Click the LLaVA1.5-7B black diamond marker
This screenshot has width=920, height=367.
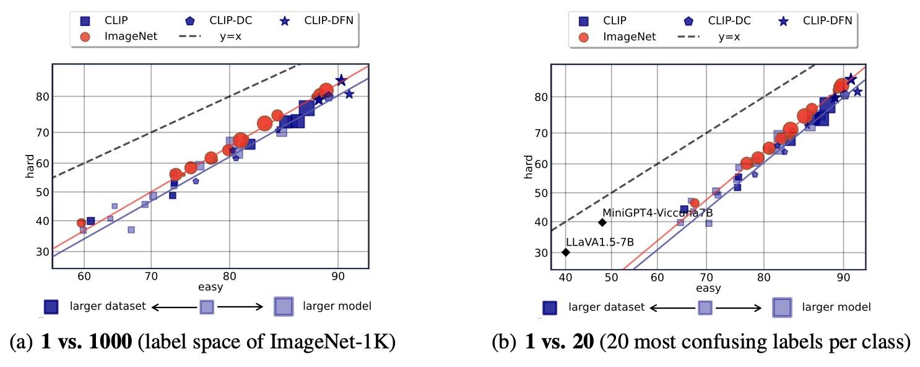coord(565,252)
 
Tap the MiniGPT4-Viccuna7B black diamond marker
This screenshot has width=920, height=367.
coord(602,223)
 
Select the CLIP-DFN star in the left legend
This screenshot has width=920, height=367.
coord(285,21)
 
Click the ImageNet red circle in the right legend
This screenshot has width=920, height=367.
coord(583,37)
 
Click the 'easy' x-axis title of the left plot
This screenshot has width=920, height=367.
coord(210,287)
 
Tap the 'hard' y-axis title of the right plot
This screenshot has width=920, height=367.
coord(528,167)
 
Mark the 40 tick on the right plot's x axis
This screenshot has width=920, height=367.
coord(565,279)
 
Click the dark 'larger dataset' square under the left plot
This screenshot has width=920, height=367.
coord(51,306)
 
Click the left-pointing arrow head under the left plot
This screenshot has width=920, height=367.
coord(155,306)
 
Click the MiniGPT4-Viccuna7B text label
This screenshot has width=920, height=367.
coord(662,213)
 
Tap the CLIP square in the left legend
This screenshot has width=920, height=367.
coord(85,21)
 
